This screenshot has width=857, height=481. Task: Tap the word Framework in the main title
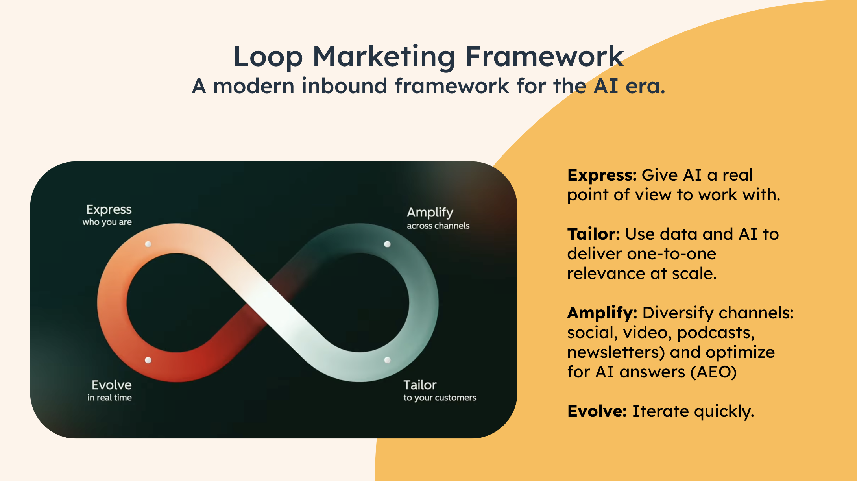pyautogui.click(x=545, y=56)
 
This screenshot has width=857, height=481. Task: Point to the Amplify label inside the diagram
pyautogui.click(x=430, y=213)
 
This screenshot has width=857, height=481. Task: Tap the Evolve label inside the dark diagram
pyautogui.click(x=112, y=385)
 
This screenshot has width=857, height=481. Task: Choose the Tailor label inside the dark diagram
pyautogui.click(x=420, y=385)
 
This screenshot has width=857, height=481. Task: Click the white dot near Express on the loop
pyautogui.click(x=148, y=244)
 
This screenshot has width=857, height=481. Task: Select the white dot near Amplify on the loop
pyautogui.click(x=387, y=244)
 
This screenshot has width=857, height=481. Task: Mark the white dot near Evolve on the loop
pyautogui.click(x=148, y=360)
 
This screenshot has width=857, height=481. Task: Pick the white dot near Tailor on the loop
pyautogui.click(x=387, y=360)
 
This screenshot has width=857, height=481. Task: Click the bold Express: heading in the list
pyautogui.click(x=602, y=176)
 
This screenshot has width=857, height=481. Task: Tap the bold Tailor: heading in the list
pyautogui.click(x=594, y=234)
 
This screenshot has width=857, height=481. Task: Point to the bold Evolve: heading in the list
pyautogui.click(x=597, y=411)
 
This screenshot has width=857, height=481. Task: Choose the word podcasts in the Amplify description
pyautogui.click(x=716, y=333)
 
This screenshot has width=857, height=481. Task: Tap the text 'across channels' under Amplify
pyautogui.click(x=438, y=226)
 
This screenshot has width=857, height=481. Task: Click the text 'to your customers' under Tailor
pyautogui.click(x=440, y=398)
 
